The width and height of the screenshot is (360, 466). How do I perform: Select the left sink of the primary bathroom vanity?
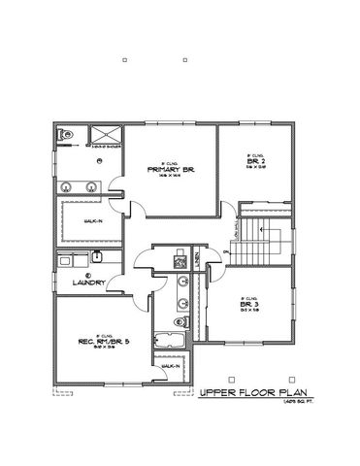point(66,184)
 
